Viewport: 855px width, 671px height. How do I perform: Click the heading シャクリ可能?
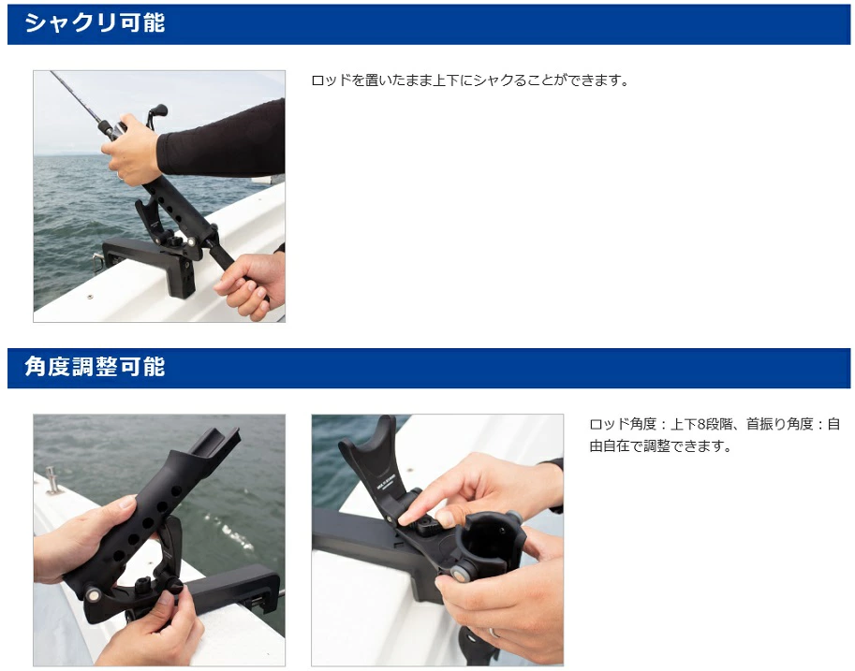pyautogui.click(x=95, y=23)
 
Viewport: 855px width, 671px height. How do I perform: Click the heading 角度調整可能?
pyautogui.click(x=95, y=367)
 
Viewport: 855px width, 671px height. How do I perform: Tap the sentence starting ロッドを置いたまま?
pyautogui.click(x=471, y=80)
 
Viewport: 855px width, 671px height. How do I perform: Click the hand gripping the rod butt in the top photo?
pyautogui.click(x=250, y=285)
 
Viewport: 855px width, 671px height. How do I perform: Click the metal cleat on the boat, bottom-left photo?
pyautogui.click(x=52, y=480)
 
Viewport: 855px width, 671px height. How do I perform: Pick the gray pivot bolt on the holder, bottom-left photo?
pyautogui.click(x=93, y=594)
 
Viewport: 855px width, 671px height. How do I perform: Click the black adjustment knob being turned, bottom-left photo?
pyautogui.click(x=175, y=587)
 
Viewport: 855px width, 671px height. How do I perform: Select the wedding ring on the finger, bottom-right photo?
pyautogui.click(x=493, y=634)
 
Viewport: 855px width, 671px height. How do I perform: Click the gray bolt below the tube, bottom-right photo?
pyautogui.click(x=461, y=573)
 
